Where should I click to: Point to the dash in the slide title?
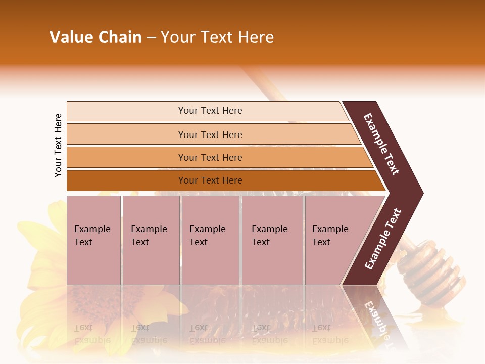151,38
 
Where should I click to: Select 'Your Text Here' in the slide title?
217,37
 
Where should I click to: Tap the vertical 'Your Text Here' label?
58,145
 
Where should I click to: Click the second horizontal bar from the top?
210,134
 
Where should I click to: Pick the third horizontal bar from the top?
210,157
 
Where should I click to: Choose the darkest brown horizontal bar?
210,180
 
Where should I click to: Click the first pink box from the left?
93,240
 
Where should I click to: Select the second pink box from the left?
151,240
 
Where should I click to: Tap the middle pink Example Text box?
210,240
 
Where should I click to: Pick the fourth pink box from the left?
272,240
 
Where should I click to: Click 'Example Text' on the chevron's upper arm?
381,144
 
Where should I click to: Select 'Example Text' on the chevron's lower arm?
382,239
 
